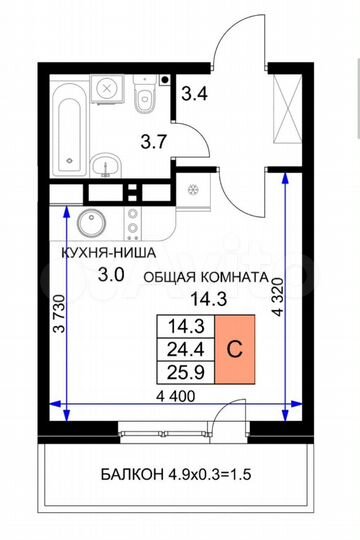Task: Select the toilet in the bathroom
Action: (x=146, y=97)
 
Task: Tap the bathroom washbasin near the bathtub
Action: (x=104, y=166)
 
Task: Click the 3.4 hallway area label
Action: (x=194, y=97)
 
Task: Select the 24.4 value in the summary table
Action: (x=182, y=350)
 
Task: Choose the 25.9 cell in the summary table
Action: (x=182, y=373)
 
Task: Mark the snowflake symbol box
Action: (x=192, y=190)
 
